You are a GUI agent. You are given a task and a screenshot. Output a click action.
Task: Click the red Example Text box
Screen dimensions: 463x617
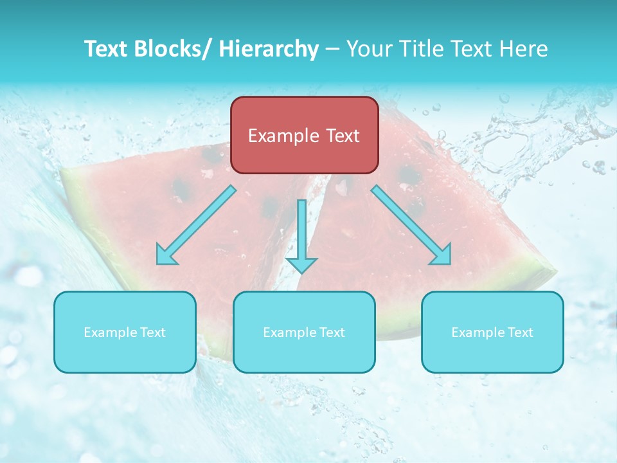tap(304, 135)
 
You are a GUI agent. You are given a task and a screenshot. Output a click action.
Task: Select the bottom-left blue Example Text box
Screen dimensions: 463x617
tap(125, 332)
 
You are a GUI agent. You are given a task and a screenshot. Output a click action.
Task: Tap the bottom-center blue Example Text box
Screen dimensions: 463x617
tap(304, 332)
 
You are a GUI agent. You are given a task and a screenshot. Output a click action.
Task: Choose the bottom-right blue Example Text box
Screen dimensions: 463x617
tap(492, 332)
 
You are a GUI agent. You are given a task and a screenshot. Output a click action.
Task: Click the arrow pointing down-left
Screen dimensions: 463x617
tap(196, 225)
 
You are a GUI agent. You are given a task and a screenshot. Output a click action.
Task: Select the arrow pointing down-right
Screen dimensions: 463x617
tap(411, 225)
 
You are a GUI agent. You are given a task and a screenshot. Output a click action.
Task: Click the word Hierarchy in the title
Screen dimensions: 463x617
tap(269, 49)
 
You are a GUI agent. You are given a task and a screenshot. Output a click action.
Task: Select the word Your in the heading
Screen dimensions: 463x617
tap(368, 49)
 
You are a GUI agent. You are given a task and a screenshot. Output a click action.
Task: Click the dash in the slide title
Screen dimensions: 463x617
tap(332, 50)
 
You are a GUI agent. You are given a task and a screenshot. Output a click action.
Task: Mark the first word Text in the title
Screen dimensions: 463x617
tap(104, 49)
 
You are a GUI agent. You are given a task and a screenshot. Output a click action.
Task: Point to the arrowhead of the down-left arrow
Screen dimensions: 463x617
tap(166, 255)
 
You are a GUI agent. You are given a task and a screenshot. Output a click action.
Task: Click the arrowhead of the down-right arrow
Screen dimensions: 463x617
tap(441, 255)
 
